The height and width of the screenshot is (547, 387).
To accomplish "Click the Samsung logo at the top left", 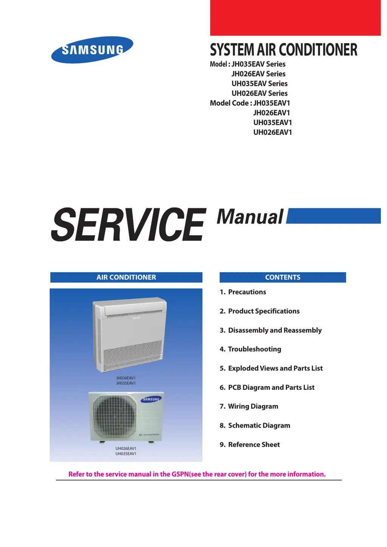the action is (x=92, y=50).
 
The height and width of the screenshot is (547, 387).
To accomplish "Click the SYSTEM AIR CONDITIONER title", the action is (x=283, y=50).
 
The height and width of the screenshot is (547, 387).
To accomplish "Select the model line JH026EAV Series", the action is (x=259, y=74).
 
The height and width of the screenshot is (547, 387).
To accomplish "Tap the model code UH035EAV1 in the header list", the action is (x=272, y=122).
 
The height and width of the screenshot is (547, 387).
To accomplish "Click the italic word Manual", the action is (x=250, y=217).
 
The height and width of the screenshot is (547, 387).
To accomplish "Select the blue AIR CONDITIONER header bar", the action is (x=126, y=277).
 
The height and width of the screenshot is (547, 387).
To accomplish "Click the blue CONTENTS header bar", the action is (x=283, y=277).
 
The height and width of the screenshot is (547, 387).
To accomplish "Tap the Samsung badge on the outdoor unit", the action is (x=151, y=399).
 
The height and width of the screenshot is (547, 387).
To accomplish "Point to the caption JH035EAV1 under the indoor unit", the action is (x=126, y=383).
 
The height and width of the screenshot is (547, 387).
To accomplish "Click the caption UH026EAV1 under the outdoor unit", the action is (x=126, y=448).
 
